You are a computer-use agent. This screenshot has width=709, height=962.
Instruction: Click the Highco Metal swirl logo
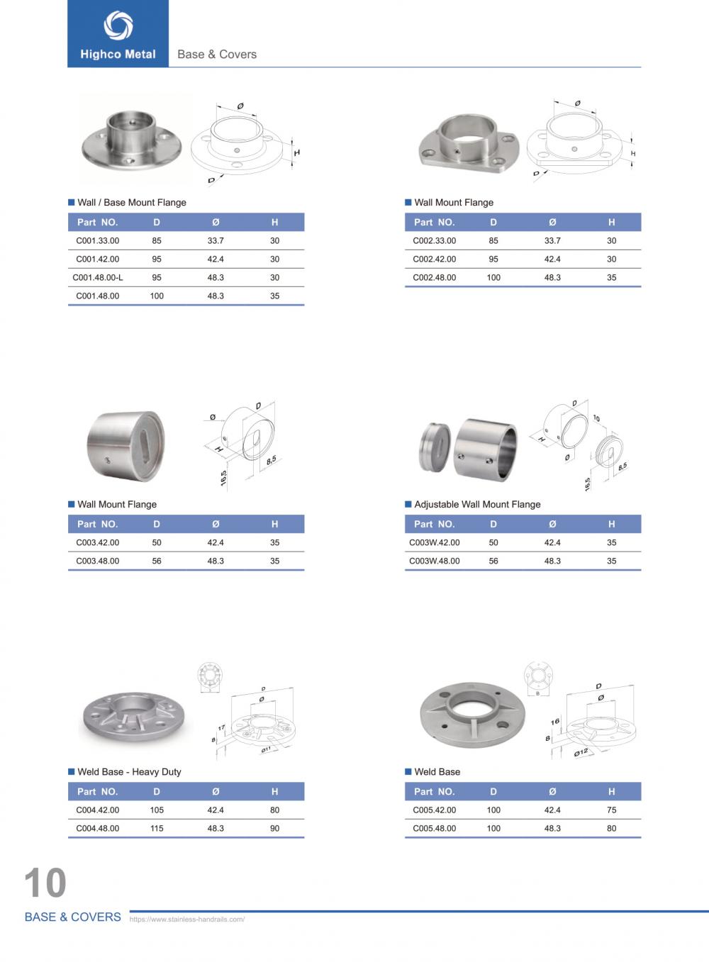pyautogui.click(x=118, y=26)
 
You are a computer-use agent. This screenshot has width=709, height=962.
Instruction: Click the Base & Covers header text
pyautogui.click(x=217, y=55)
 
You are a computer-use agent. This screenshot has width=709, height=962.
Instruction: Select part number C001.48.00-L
pyautogui.click(x=98, y=278)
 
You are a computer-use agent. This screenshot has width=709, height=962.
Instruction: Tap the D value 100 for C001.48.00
pyautogui.click(x=157, y=296)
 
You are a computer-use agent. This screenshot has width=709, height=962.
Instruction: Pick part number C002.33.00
pyautogui.click(x=435, y=241)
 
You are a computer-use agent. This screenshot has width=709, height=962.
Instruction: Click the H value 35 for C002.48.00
pyautogui.click(x=611, y=278)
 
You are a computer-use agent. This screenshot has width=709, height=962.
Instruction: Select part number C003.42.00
pyautogui.click(x=98, y=543)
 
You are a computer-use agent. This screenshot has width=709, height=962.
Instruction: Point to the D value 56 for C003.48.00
pyautogui.click(x=157, y=561)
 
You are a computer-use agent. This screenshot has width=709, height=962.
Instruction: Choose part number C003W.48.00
pyautogui.click(x=435, y=561)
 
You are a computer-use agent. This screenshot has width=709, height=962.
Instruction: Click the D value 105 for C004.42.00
pyautogui.click(x=157, y=810)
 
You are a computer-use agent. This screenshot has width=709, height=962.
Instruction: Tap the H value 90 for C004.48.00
pyautogui.click(x=274, y=829)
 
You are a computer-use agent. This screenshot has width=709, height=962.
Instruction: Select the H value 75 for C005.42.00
pyautogui.click(x=611, y=810)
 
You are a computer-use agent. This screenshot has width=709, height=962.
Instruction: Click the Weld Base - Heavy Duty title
pyautogui.click(x=129, y=772)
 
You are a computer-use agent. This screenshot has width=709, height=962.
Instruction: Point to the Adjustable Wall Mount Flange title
pyautogui.click(x=477, y=505)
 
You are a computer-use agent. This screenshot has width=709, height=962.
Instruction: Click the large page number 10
pyautogui.click(x=45, y=883)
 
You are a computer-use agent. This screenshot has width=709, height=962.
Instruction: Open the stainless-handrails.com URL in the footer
pyautogui.click(x=187, y=919)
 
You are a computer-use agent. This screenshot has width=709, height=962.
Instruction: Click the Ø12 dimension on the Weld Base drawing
pyautogui.click(x=581, y=752)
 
